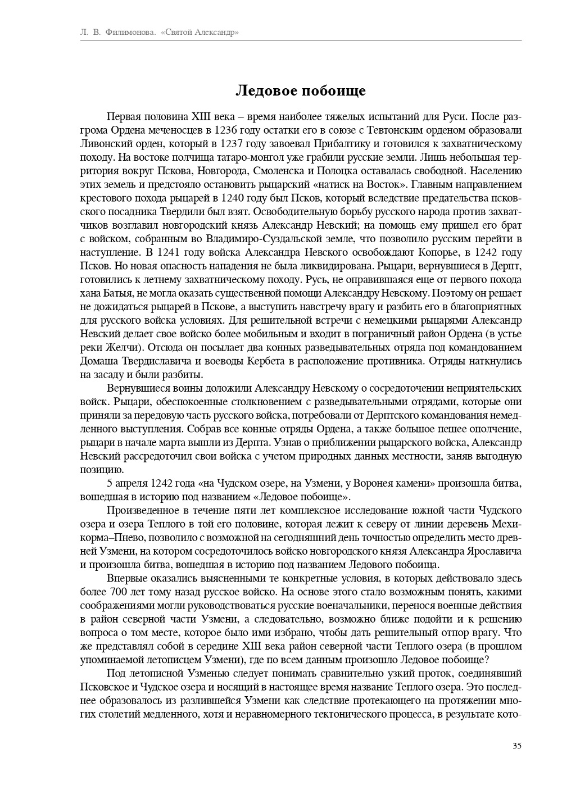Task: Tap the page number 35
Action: coord(517,746)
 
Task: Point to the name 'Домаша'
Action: coord(99,361)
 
